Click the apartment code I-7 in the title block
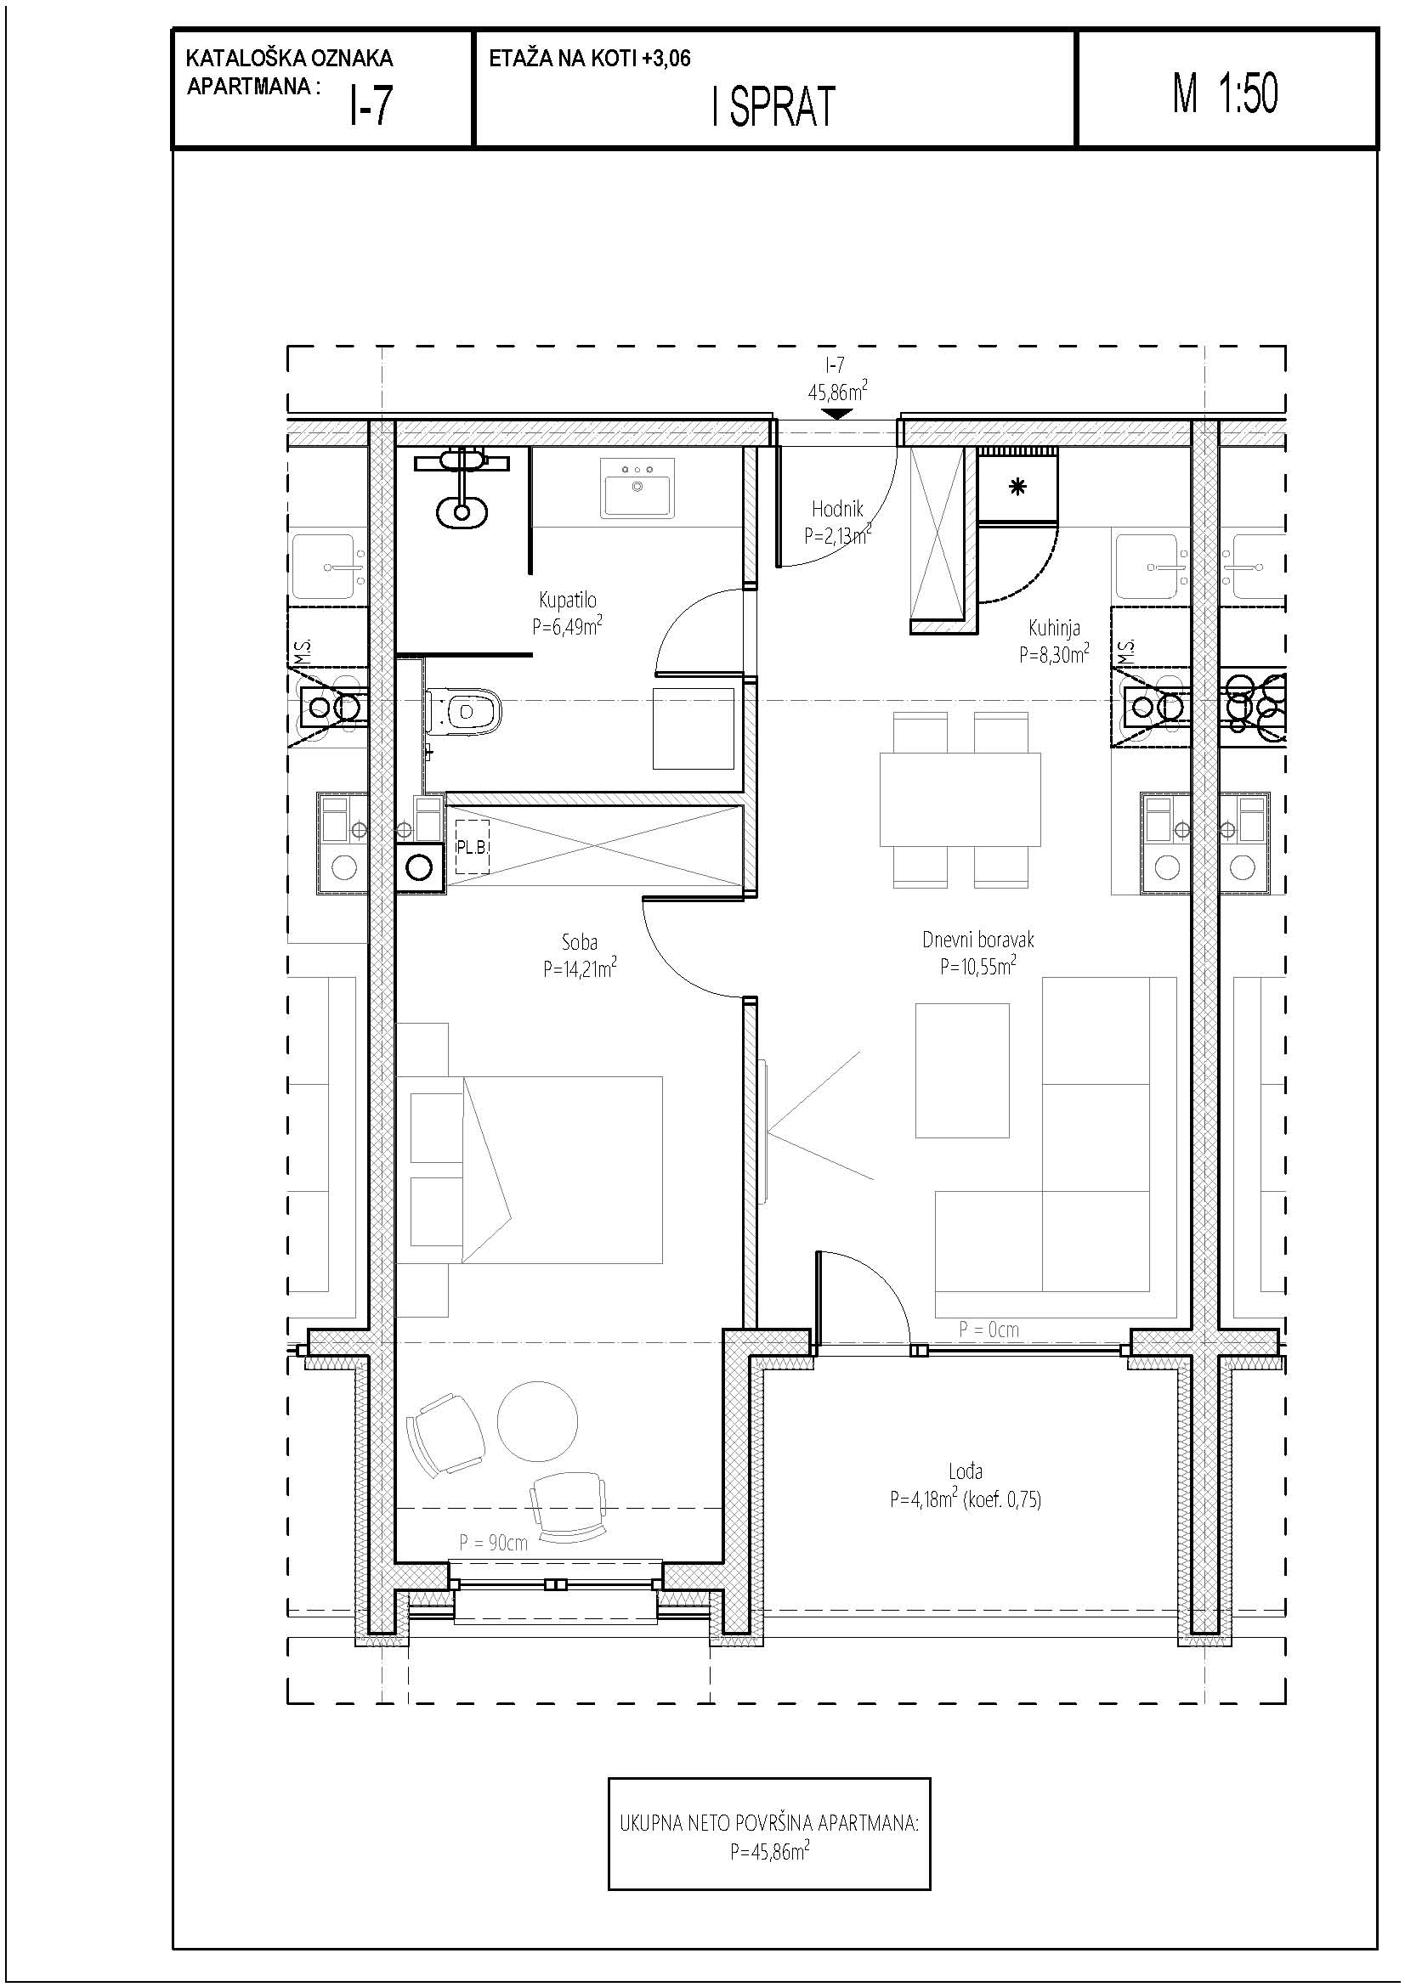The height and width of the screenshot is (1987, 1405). pyautogui.click(x=371, y=107)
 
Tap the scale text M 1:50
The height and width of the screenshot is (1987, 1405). pyautogui.click(x=1225, y=93)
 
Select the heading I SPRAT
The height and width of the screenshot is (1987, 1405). pyautogui.click(x=773, y=107)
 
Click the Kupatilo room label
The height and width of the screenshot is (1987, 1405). pyautogui.click(x=567, y=600)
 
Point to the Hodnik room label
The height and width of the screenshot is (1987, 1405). pyautogui.click(x=837, y=510)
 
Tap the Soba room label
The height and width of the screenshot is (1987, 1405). pyautogui.click(x=579, y=942)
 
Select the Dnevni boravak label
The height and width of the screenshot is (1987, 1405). pyautogui.click(x=977, y=939)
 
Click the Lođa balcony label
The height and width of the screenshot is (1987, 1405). pyautogui.click(x=966, y=1470)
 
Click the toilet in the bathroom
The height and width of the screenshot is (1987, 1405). pyautogui.click(x=465, y=711)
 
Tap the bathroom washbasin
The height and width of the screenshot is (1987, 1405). pyautogui.click(x=637, y=488)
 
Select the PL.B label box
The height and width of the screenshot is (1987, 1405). pyautogui.click(x=472, y=847)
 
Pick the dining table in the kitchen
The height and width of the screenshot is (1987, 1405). pyautogui.click(x=960, y=799)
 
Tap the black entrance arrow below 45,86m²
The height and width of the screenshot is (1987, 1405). pyautogui.click(x=836, y=414)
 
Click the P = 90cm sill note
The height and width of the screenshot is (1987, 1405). pyautogui.click(x=493, y=1542)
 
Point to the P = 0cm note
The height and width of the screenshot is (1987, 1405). pyautogui.click(x=989, y=1329)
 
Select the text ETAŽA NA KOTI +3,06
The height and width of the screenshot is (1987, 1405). pyautogui.click(x=590, y=59)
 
